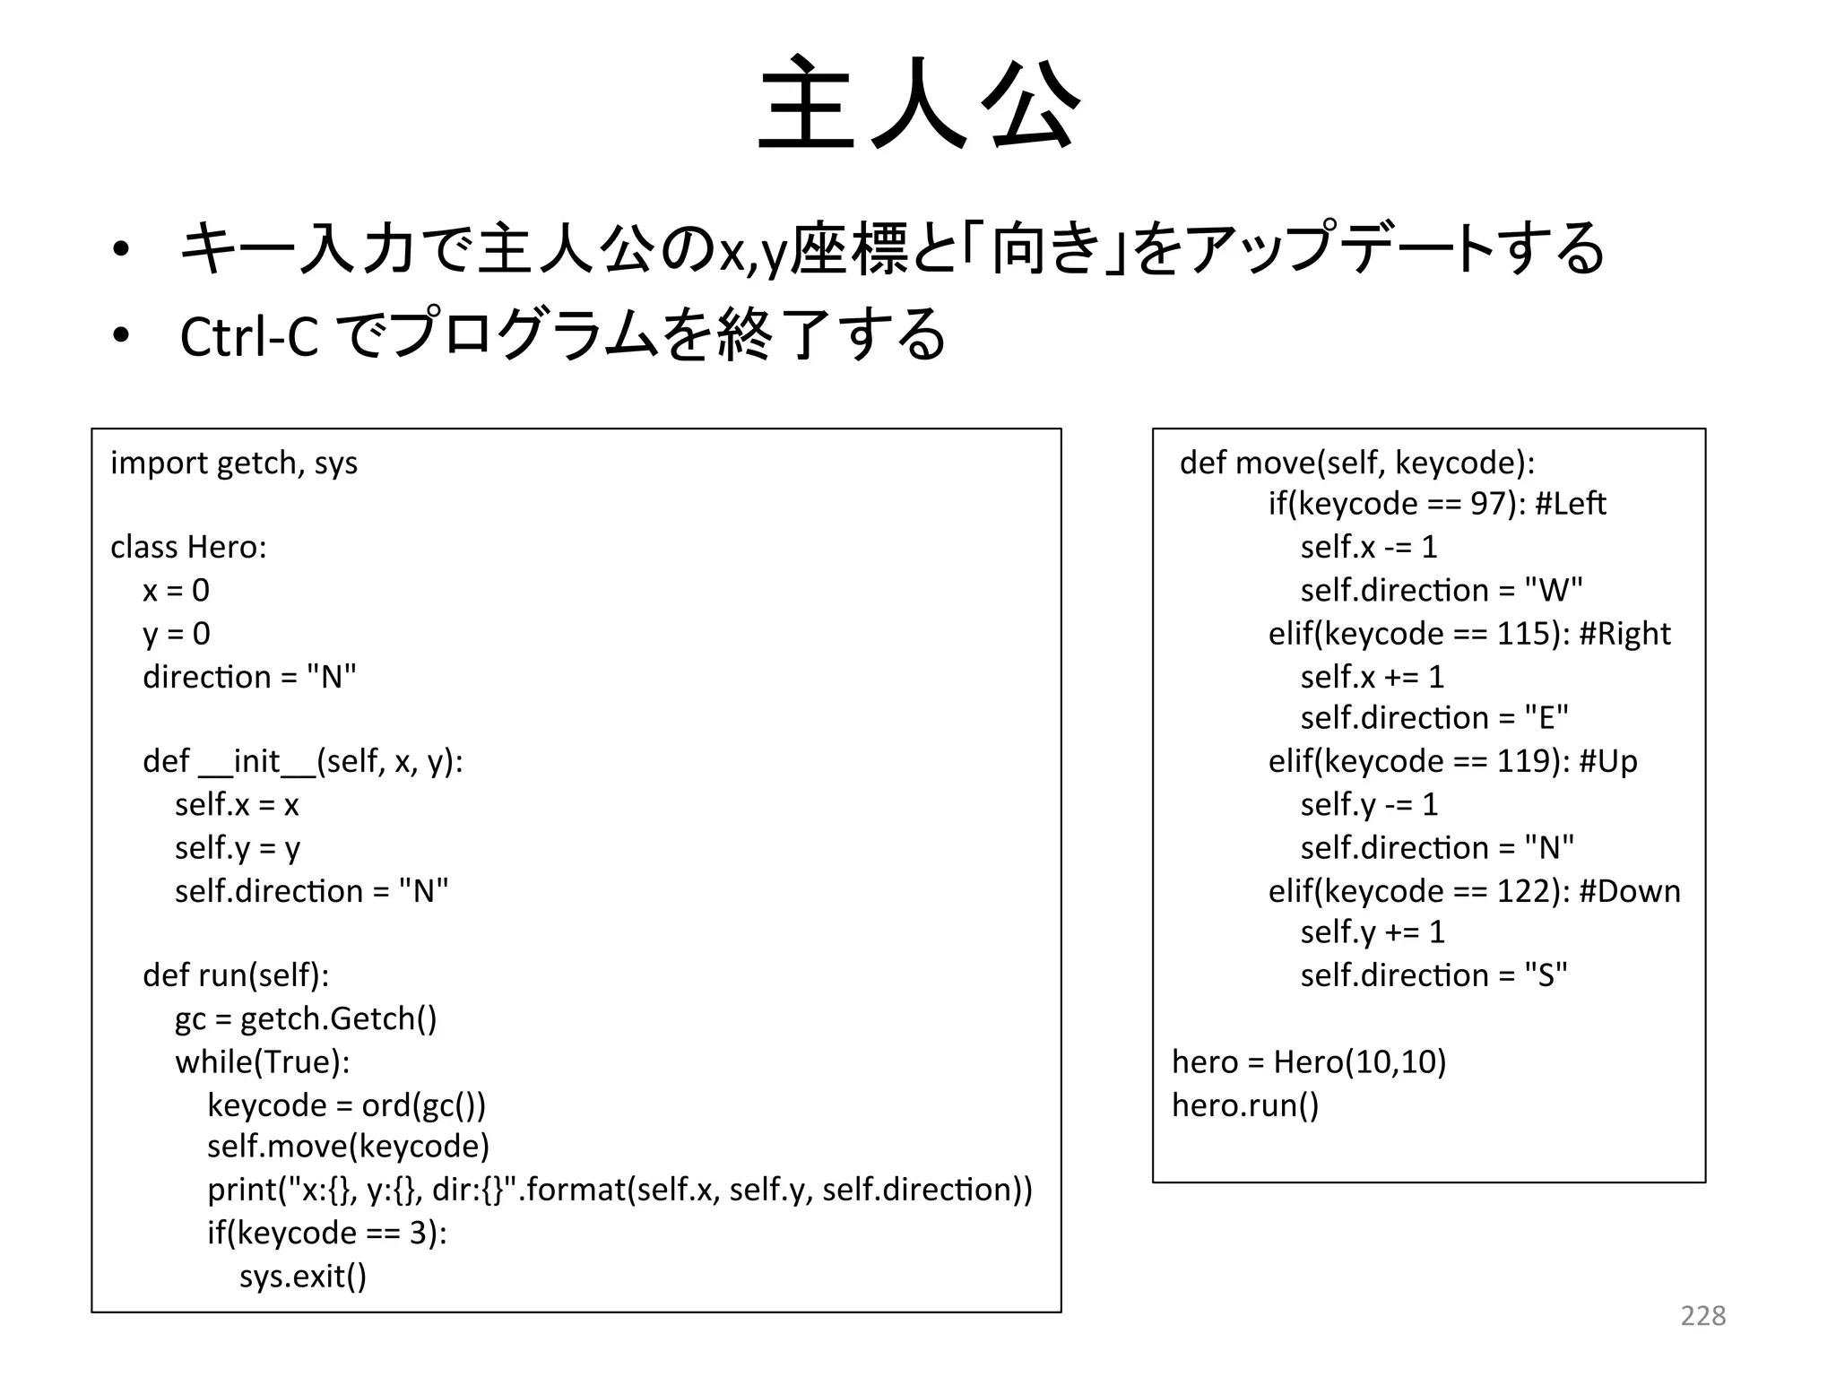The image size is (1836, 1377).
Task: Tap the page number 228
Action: pos(1702,1316)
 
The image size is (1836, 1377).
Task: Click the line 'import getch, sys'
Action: pos(234,463)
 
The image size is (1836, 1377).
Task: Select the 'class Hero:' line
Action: pos(188,547)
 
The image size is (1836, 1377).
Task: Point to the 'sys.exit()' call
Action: pos(303,1276)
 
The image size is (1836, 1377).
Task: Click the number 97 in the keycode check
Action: pos(1488,504)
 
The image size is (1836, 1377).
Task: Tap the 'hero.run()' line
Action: pos(1245,1105)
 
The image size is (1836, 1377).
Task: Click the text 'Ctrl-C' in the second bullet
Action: pos(249,337)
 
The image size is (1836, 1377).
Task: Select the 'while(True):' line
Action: pos(262,1062)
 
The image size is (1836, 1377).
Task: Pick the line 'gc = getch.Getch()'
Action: pos(306,1019)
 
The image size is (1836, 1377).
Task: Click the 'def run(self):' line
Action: pos(236,975)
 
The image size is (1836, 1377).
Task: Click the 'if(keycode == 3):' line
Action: pos(327,1234)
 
